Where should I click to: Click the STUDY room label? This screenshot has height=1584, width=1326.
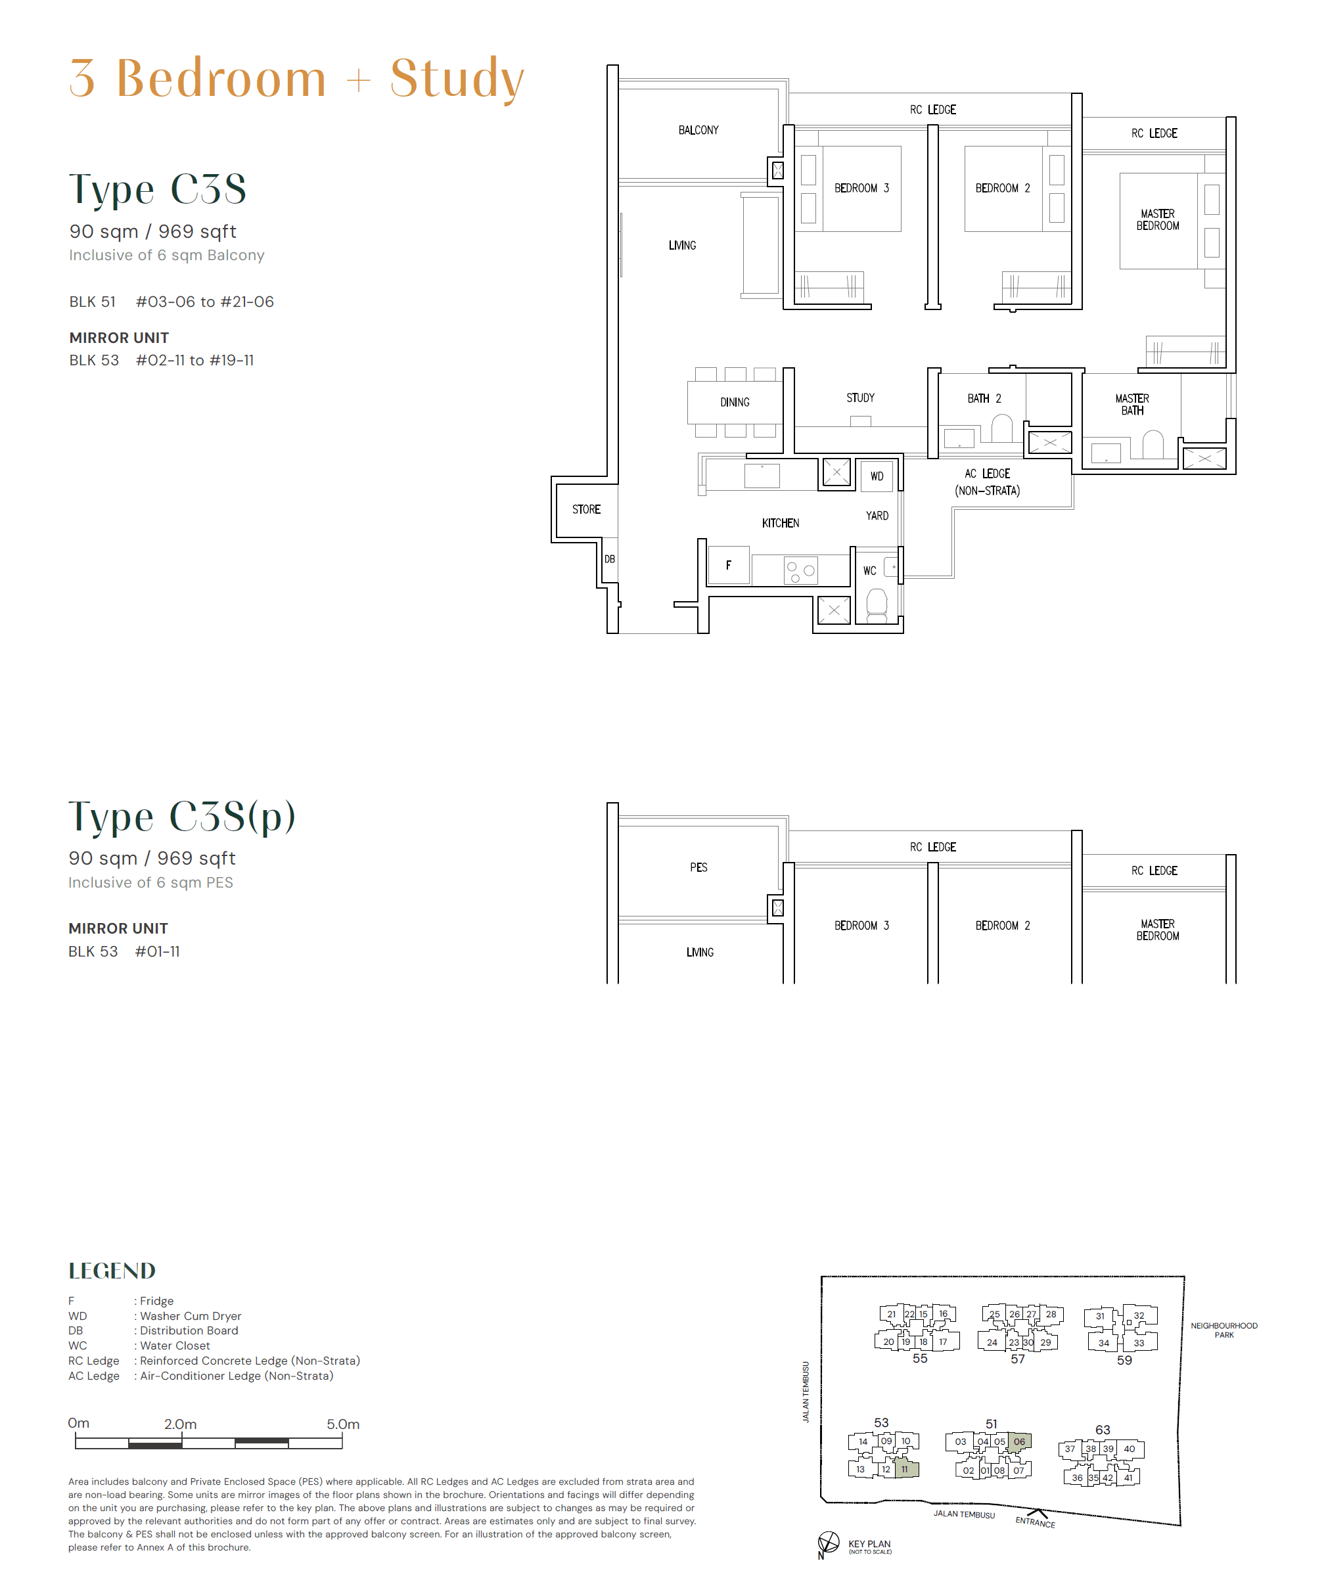[x=860, y=397]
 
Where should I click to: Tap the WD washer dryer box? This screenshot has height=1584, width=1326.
[x=877, y=476]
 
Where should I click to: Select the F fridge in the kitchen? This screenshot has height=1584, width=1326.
[x=728, y=565]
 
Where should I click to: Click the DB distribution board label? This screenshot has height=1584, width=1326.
[x=609, y=559]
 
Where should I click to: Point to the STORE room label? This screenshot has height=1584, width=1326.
[x=586, y=509]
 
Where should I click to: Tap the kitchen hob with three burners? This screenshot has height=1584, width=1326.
[x=800, y=571]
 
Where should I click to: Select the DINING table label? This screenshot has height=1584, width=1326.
[x=735, y=402]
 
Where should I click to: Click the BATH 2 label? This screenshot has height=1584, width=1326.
[x=984, y=398]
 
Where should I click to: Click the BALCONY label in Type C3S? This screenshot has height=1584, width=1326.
[x=698, y=129]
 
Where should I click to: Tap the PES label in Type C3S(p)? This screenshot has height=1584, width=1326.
[x=698, y=867]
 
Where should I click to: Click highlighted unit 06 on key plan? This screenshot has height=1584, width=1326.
[x=1019, y=1441]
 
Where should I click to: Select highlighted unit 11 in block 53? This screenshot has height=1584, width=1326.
[x=905, y=1468]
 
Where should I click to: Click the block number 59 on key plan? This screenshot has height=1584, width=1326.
[x=1124, y=1360]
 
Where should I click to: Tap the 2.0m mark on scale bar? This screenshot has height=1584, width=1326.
[x=180, y=1424]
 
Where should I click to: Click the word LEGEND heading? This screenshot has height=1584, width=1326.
[x=112, y=1271]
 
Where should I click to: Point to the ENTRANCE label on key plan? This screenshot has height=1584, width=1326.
[x=1035, y=1522]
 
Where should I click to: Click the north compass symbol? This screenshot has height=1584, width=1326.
[x=828, y=1542]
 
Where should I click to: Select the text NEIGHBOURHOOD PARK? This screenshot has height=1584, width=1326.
[x=1223, y=1330]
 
